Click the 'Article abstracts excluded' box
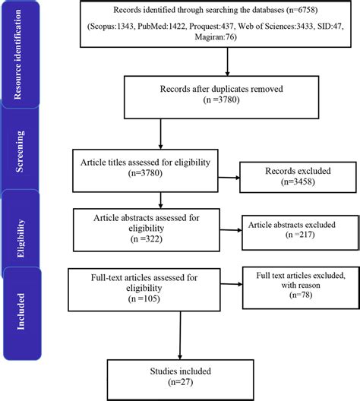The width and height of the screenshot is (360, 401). click(289, 229)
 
